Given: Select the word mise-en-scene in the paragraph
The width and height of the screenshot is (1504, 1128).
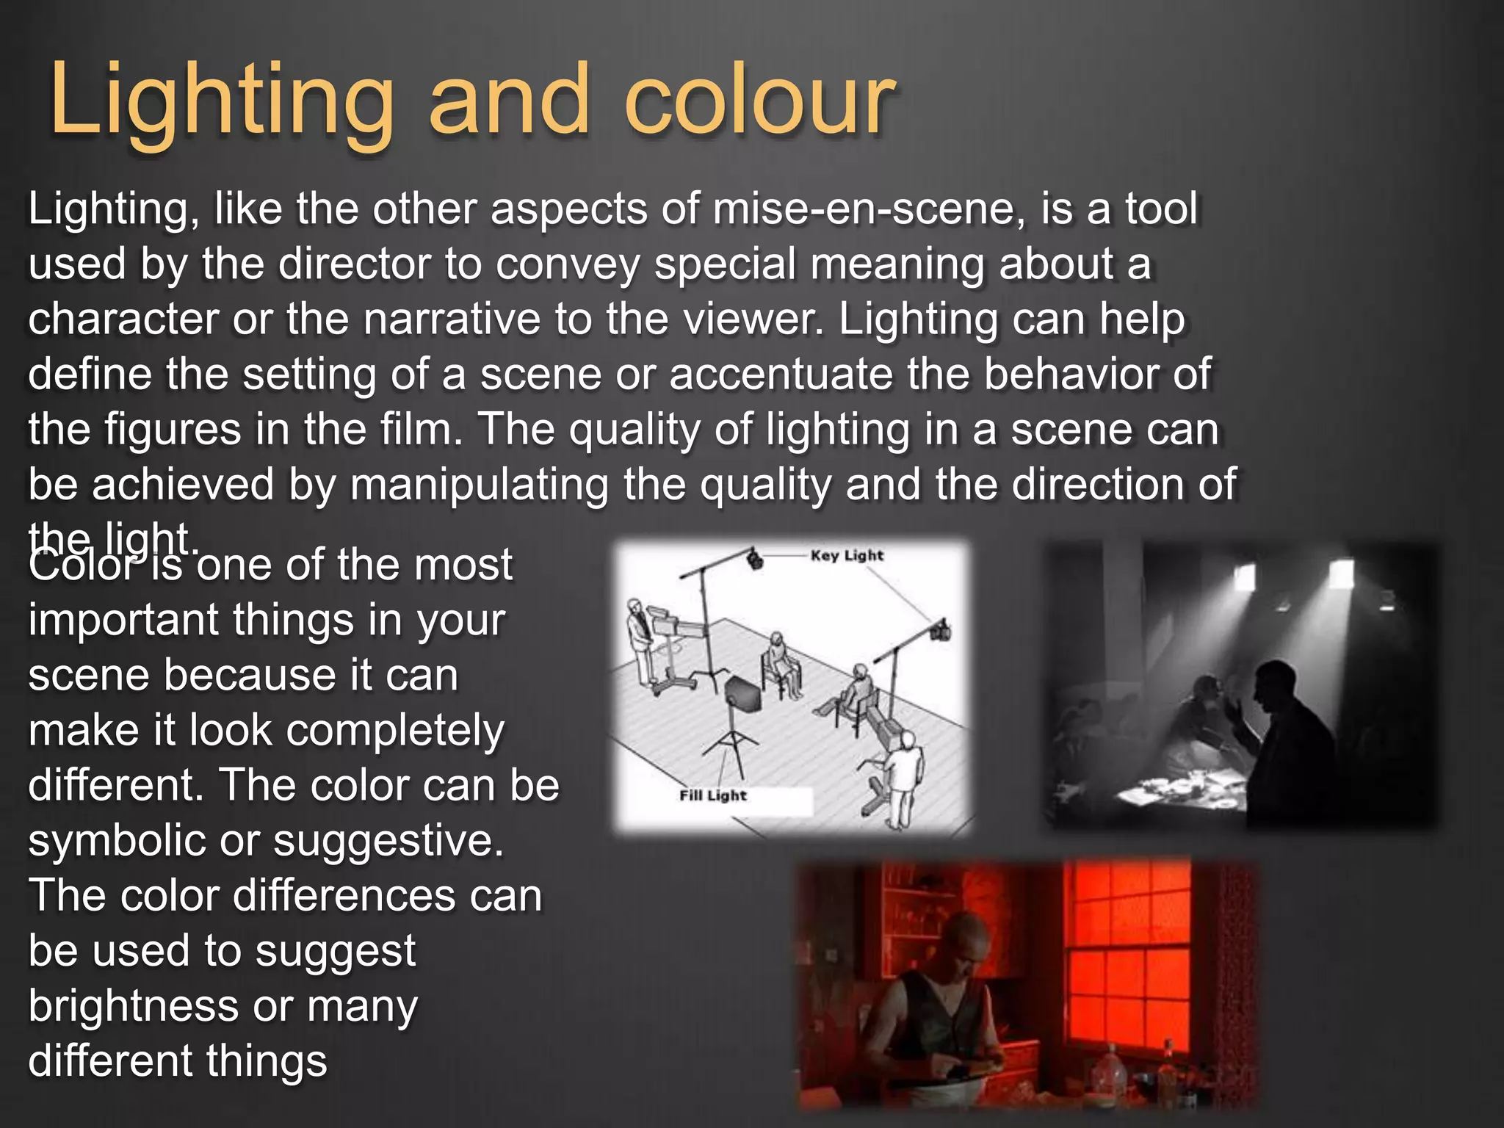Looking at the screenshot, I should pyautogui.click(x=869, y=209).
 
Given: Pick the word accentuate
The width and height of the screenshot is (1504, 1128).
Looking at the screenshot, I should pyautogui.click(x=781, y=374).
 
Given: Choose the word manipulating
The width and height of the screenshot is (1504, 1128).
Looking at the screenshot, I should pyautogui.click(x=480, y=485).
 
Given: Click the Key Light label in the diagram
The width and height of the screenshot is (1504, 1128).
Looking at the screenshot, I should pyautogui.click(x=847, y=556).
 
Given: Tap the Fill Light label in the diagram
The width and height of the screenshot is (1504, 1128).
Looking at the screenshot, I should pyautogui.click(x=712, y=795).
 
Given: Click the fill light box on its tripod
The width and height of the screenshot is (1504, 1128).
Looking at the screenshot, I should pyautogui.click(x=742, y=694).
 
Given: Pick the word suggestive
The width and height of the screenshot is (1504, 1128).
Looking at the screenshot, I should pyautogui.click(x=388, y=841).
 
